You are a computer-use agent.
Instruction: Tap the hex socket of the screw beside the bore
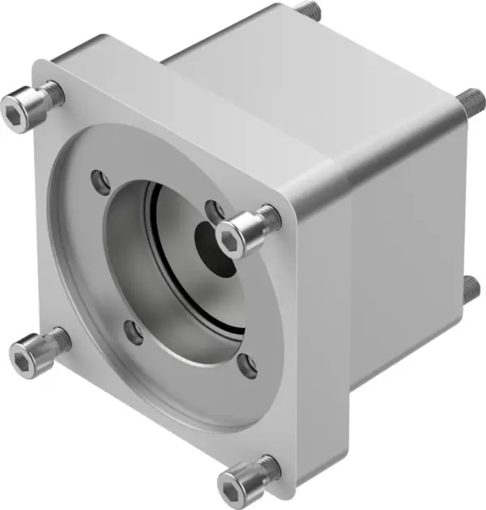coord(230,236)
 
